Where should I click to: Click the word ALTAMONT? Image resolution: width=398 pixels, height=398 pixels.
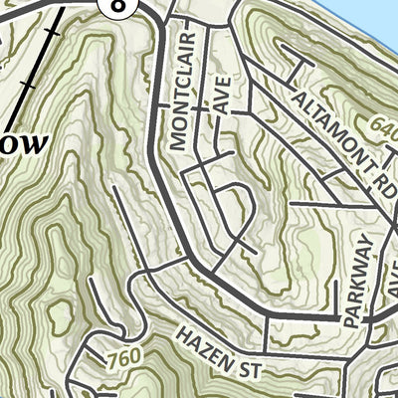tap(324, 118)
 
